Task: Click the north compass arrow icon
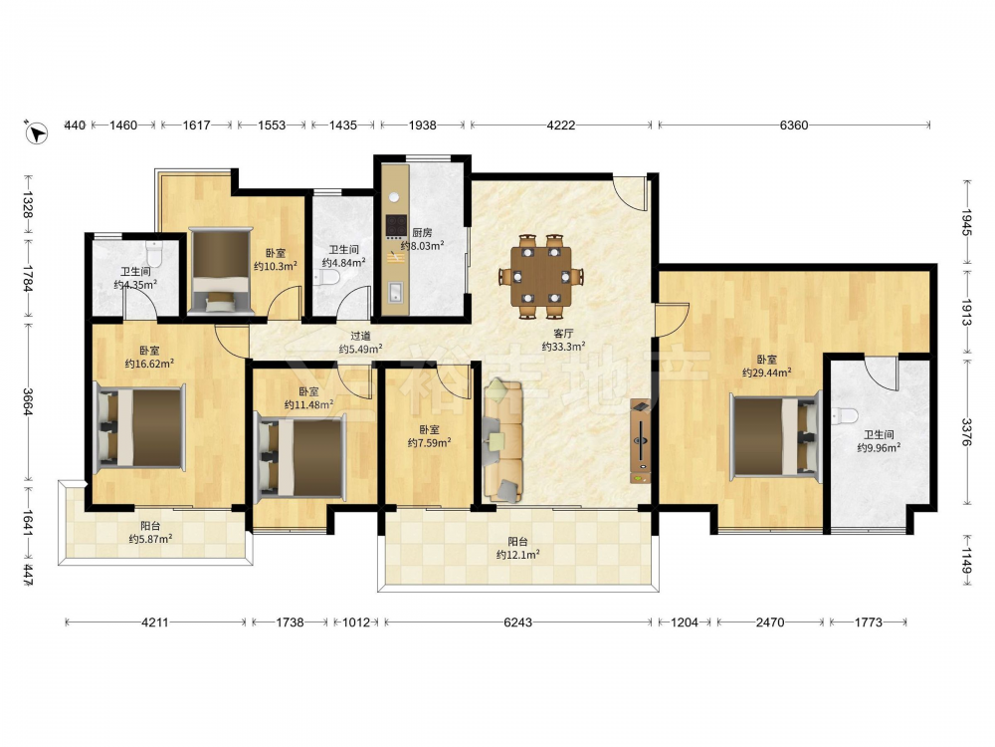coord(37,132)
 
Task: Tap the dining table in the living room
coord(541,276)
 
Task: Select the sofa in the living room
coord(502,441)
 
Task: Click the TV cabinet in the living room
coord(640,441)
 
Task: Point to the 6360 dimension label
coord(794,125)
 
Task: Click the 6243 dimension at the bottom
coord(517,622)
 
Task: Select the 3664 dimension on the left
coord(28,402)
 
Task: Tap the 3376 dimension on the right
coord(966,431)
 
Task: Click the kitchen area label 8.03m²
coord(422,245)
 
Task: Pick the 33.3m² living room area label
coord(563,347)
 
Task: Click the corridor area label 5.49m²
coord(360,349)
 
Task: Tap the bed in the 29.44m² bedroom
coord(775,435)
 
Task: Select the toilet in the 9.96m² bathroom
coord(845,416)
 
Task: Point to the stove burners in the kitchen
coord(397,224)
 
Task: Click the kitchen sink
coord(395,293)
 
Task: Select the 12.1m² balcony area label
coord(517,555)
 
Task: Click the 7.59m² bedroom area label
coord(429,443)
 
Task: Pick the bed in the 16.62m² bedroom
coord(139,427)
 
